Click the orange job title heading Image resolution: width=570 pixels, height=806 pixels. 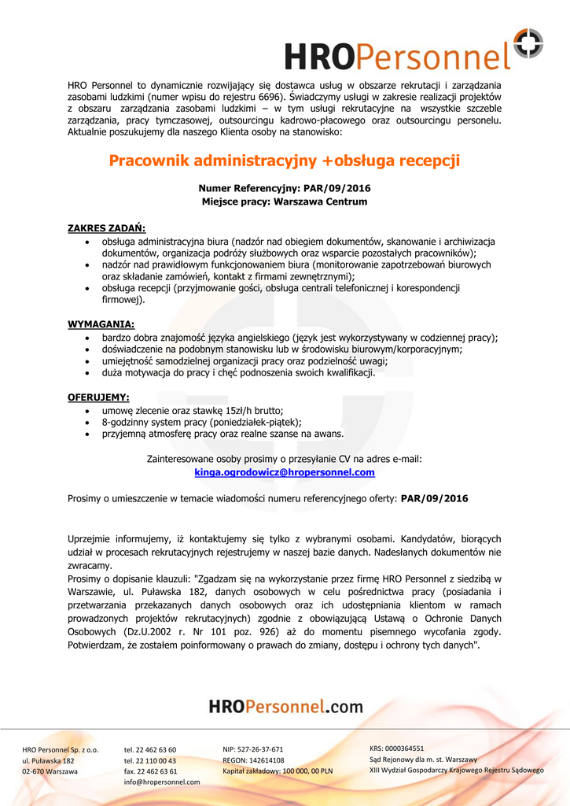(x=284, y=161)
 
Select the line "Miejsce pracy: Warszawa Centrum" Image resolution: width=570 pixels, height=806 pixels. (x=285, y=202)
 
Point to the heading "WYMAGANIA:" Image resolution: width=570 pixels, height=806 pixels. (x=101, y=324)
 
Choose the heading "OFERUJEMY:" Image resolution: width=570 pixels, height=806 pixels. (x=98, y=397)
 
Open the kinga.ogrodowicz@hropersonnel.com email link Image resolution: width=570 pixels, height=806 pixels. (x=285, y=473)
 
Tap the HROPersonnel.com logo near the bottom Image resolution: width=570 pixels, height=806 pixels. (x=285, y=707)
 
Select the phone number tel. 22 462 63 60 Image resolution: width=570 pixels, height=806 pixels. (x=150, y=750)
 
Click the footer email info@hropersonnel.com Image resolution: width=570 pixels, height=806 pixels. (x=162, y=782)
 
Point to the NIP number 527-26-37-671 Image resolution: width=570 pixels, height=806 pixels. (x=253, y=749)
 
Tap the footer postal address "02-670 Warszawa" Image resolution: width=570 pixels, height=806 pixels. (x=50, y=771)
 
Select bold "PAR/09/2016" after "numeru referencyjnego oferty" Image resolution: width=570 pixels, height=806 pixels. (x=434, y=499)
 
